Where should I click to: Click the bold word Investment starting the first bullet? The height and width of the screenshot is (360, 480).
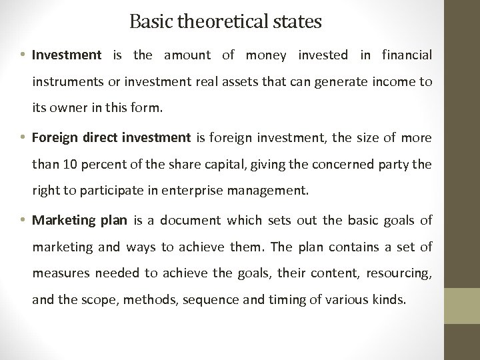coord(66,55)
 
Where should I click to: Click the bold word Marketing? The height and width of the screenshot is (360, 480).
coord(62,221)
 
